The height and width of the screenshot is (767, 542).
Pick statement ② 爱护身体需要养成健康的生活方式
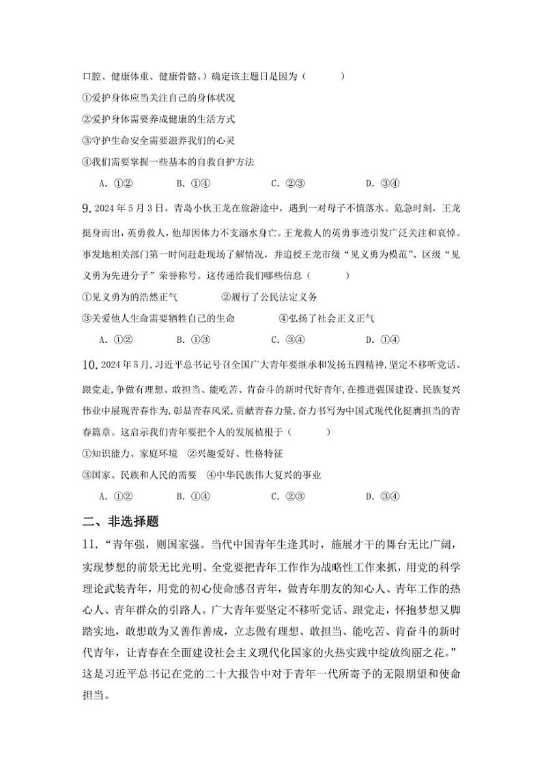[158, 119]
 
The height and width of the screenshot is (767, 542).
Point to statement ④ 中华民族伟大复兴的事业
[263, 475]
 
